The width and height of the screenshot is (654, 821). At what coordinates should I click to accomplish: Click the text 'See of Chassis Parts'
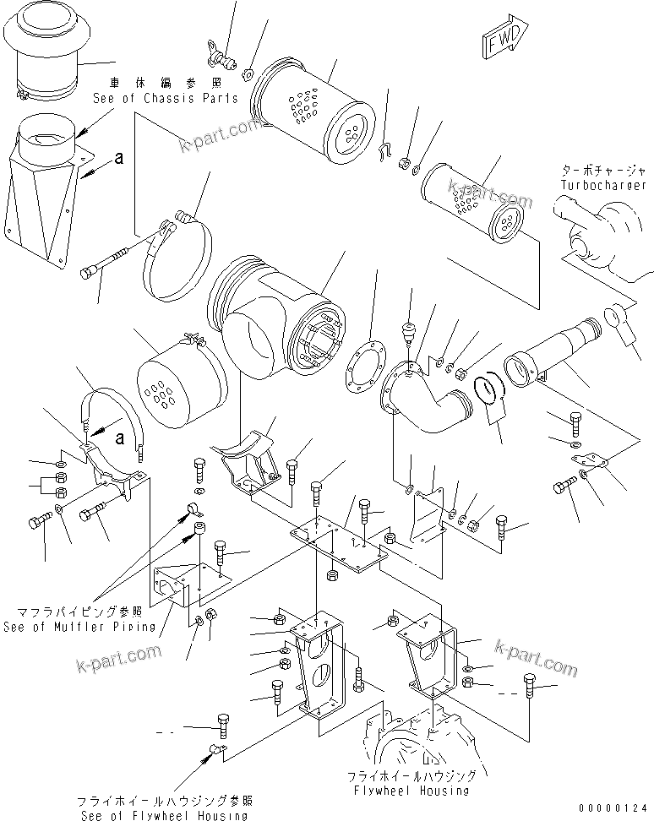(165, 99)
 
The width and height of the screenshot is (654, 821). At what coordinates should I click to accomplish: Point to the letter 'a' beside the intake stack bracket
(119, 157)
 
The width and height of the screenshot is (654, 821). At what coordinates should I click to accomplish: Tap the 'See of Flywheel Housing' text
(161, 814)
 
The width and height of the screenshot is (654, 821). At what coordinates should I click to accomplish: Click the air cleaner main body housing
(275, 316)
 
